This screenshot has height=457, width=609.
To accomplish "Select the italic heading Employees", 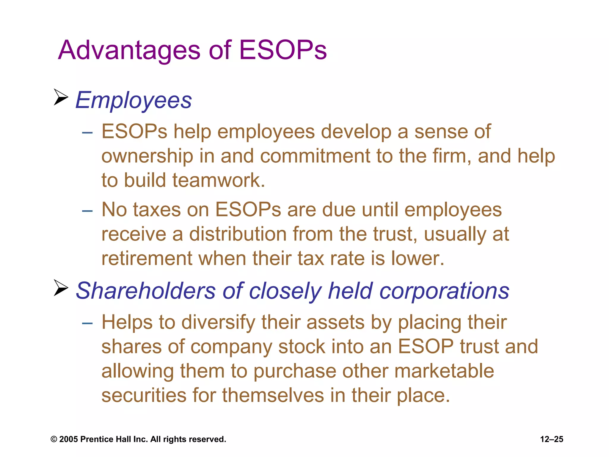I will (134, 101).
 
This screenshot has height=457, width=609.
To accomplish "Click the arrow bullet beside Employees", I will (61, 97).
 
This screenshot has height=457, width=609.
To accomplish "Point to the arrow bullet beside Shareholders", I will (61, 288).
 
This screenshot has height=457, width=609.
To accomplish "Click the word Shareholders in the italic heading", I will (146, 291).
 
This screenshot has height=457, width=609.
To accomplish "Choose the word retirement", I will (147, 258).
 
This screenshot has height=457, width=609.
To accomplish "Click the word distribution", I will (238, 234).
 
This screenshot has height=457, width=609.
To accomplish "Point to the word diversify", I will (218, 323).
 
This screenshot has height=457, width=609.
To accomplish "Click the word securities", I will (144, 395).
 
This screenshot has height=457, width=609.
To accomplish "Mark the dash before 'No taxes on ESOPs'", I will (87, 211).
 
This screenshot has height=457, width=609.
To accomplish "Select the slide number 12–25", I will (552, 439).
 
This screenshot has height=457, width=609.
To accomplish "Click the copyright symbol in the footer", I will (54, 439).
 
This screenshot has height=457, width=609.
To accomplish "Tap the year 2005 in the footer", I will (68, 439).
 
